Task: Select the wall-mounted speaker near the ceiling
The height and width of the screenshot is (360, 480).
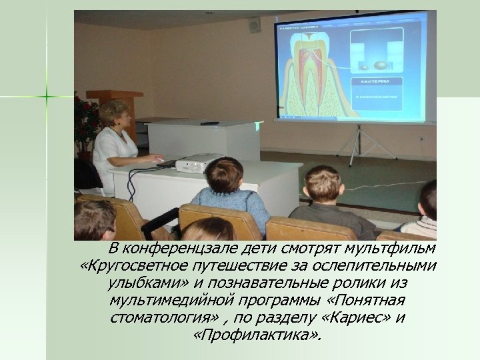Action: coord(253,25)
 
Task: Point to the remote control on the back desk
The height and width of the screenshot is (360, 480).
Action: coord(209,123)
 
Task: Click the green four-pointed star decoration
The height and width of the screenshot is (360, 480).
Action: coord(47,97)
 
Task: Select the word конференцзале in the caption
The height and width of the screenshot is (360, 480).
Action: coord(177,249)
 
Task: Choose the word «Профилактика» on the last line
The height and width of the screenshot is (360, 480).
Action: coord(256,333)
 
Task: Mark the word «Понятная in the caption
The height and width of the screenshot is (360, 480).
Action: coord(373,299)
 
